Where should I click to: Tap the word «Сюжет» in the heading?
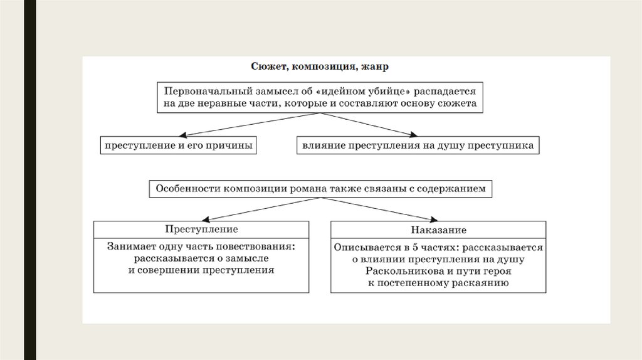pos(268,66)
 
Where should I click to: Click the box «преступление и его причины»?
pos(179,146)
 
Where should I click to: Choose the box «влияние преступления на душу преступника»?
pos(418,146)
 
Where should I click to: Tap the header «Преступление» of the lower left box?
pos(201,230)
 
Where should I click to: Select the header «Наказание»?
pos(439,230)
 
